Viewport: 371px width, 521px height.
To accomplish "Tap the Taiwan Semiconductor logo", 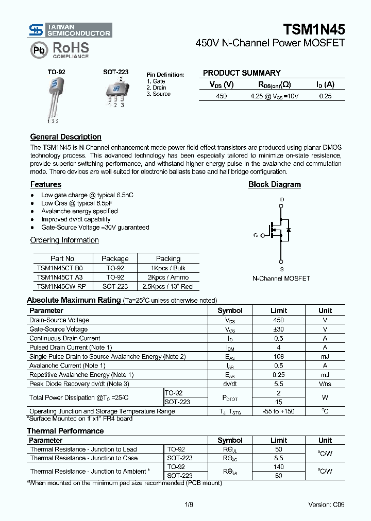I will coord(70,30).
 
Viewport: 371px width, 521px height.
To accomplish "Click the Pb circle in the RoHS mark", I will coord(38,50).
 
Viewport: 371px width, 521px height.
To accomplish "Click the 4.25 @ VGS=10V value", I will coord(274,96).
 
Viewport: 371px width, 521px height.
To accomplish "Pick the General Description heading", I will coord(65,137).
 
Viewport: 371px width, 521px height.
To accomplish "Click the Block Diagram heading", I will coord(274,184).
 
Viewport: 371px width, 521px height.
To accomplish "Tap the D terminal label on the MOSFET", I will coord(281,199).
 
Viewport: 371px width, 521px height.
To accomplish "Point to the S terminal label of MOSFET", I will coord(281,269).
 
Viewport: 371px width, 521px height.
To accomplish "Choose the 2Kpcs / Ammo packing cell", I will coord(168,277).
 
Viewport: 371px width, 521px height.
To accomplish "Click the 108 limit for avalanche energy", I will coord(278,357).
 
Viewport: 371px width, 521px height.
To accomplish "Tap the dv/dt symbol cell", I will coord(230,384).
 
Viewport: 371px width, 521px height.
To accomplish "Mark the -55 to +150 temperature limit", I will coord(278,411).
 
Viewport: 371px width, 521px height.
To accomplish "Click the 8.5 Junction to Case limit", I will coord(278,458).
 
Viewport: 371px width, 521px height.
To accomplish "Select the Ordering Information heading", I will coord(64,240).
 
